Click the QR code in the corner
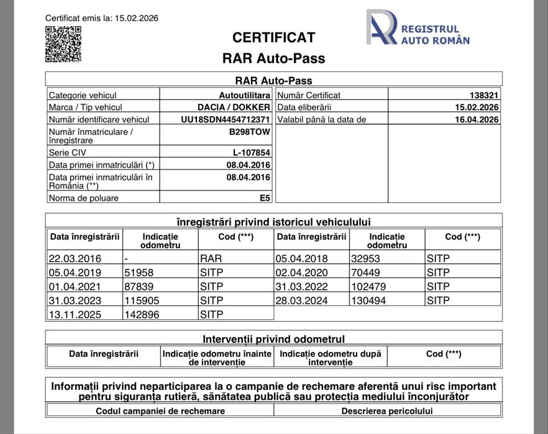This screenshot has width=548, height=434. [x=63, y=44]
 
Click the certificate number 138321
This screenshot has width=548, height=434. [x=484, y=95]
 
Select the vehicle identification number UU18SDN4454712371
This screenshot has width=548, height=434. [x=225, y=119]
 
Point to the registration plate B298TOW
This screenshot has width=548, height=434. [x=250, y=132]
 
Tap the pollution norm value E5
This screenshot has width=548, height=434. [x=265, y=198]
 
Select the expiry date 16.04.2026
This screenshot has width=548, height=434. [x=477, y=119]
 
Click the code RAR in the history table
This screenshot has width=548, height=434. [x=211, y=258]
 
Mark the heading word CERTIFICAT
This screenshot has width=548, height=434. [x=273, y=37]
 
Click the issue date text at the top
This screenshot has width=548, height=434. [x=101, y=18]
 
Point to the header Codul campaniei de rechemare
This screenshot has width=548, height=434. [x=160, y=411]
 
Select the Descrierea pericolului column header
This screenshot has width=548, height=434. [x=387, y=411]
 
